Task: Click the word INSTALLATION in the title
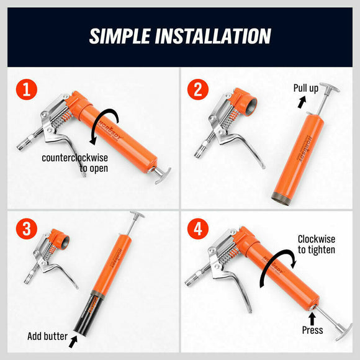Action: coord(222,36)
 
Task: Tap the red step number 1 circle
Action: coord(25,90)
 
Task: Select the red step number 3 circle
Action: coord(25,227)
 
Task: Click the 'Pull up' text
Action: coord(306,88)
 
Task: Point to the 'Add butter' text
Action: coord(47,337)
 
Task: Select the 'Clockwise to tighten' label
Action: coord(316,244)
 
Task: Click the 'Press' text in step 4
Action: coord(312,330)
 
